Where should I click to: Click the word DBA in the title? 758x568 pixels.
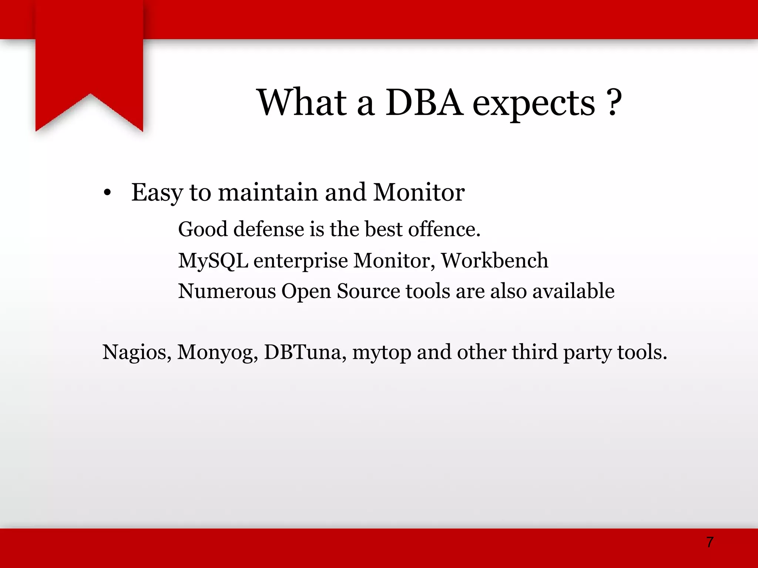pos(424,102)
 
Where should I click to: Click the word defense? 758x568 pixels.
pos(269,229)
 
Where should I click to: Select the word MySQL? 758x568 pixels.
pos(213,261)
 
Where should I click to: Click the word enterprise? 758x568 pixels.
pos(301,261)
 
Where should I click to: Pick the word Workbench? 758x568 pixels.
pos(494,260)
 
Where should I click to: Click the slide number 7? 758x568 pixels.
pos(710,542)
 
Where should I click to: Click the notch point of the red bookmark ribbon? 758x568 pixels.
pos(90,95)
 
